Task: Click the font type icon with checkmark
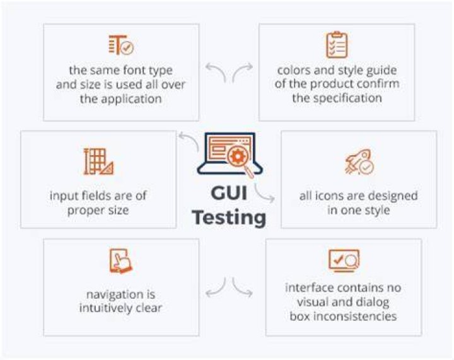pos(121,45)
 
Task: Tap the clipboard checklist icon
pos(337,45)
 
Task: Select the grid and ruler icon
pos(98,161)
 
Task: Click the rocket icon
pos(359,162)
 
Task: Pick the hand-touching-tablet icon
pos(120,261)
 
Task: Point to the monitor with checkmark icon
pos(344,260)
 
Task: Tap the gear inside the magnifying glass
pos(238,156)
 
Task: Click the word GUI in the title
pos(229,193)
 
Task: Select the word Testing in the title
pos(229,218)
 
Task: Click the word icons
pos(329,196)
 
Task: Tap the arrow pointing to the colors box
pos(241,71)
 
